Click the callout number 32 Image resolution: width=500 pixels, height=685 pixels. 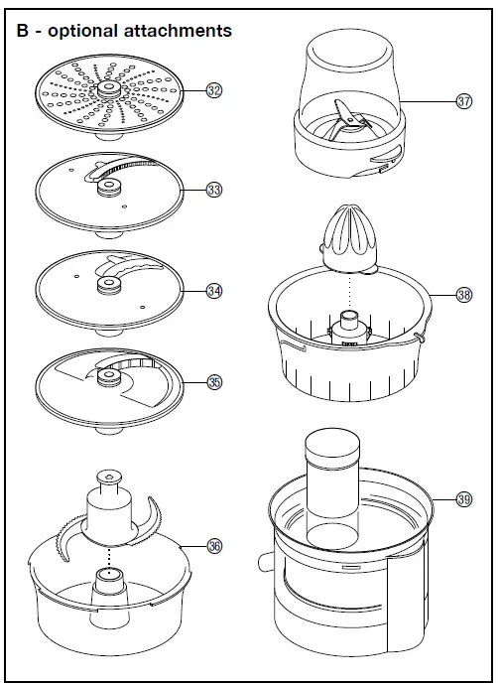(213, 90)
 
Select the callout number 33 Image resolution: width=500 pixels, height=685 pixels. (213, 189)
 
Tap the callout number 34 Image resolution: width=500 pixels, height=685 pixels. (213, 291)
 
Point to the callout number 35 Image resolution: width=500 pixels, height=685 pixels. (213, 381)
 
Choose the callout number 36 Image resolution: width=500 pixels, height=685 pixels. (213, 545)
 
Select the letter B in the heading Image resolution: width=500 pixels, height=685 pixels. (22, 31)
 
